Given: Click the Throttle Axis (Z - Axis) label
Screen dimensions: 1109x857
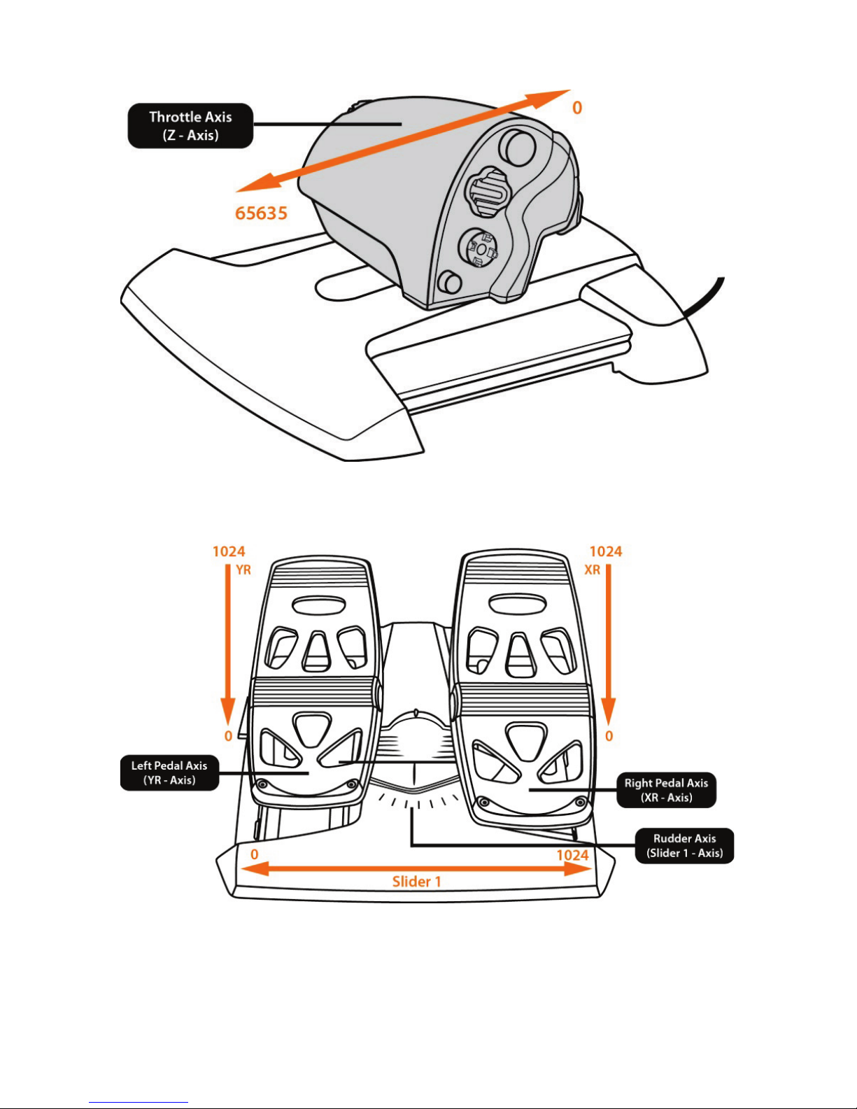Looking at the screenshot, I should point(190,126).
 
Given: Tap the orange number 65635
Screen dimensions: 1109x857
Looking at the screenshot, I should point(261,213).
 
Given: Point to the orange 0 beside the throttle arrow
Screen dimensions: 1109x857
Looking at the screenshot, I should point(577,108).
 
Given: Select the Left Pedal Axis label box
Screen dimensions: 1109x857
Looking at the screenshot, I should point(169,772).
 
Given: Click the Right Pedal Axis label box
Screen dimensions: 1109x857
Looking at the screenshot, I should point(666,790).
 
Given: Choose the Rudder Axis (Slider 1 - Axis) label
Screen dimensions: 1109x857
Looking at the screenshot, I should point(684,845).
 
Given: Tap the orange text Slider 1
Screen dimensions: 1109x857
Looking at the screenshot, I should point(417,882).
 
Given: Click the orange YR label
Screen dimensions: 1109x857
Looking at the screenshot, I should point(243,570).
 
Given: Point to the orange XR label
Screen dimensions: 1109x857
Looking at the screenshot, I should point(593,570).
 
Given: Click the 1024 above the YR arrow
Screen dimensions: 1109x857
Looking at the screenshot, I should point(229,552).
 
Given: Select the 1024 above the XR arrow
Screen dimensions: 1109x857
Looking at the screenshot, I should point(606,552).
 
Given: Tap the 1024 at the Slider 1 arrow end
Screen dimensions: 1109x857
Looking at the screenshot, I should point(572,855).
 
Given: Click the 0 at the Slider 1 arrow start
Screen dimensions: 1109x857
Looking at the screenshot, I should point(255,854).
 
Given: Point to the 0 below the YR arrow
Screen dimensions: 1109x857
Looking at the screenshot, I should point(228,736).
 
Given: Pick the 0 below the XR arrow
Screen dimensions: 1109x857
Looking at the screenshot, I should point(609,736).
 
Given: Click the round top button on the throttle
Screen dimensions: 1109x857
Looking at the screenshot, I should point(518,146).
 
